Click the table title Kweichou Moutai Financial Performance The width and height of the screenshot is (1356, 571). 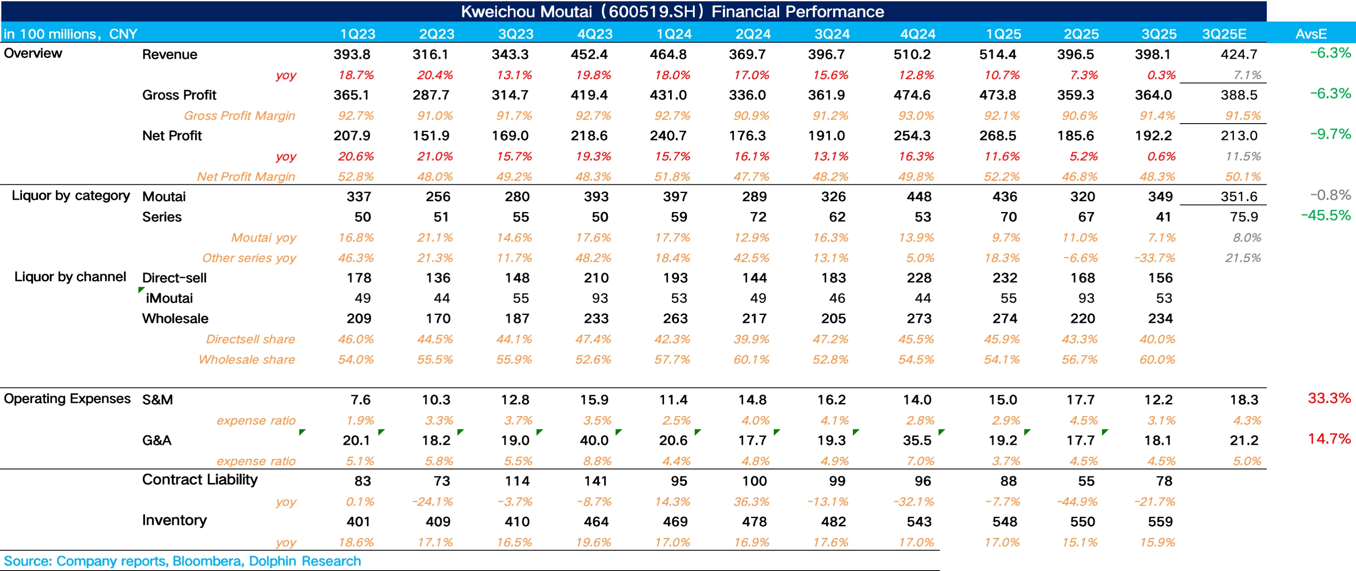tap(672, 11)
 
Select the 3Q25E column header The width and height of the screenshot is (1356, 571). tap(1224, 34)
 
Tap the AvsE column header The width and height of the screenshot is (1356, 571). tap(1311, 34)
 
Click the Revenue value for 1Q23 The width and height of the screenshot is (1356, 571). tap(352, 54)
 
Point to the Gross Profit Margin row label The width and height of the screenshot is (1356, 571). tap(239, 115)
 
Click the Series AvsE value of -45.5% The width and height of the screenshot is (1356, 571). tap(1326, 216)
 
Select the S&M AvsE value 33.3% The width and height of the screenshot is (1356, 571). tap(1329, 398)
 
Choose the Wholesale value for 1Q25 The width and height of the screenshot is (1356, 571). tap(1004, 318)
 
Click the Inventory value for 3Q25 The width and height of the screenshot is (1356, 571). tap(1160, 521)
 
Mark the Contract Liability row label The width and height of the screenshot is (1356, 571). tap(200, 480)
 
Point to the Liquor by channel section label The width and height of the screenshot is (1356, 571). tap(70, 277)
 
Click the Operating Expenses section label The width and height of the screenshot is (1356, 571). tap(67, 398)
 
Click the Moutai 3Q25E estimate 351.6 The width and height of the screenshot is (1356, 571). tap(1239, 197)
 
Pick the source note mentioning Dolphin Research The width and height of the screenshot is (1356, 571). tap(182, 561)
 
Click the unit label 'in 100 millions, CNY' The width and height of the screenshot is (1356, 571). tap(70, 34)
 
